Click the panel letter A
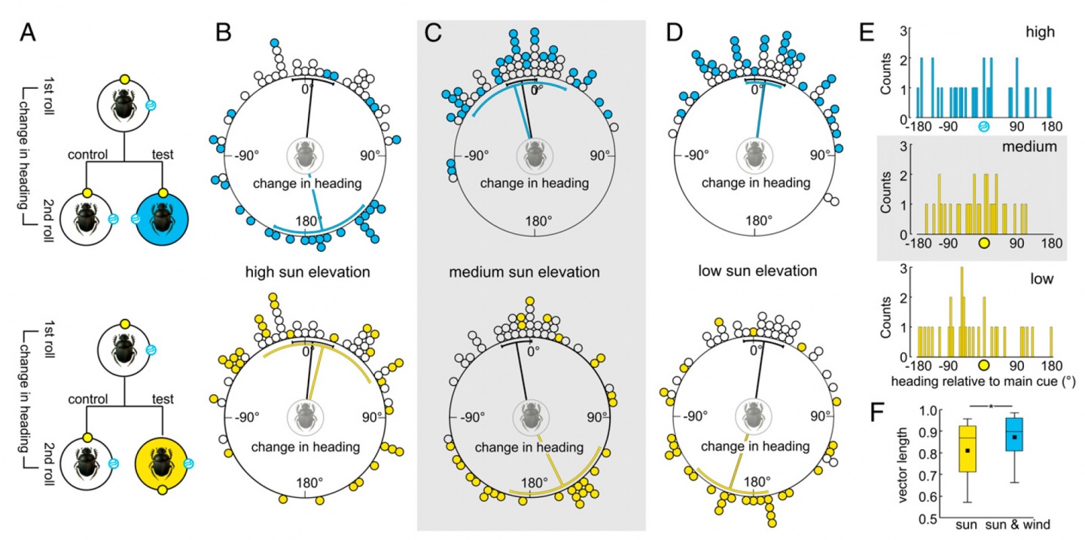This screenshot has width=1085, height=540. click(x=27, y=32)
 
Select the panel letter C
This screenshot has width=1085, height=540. click(x=433, y=32)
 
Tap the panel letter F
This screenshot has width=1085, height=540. click(x=877, y=412)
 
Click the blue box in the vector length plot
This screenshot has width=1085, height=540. click(x=1014, y=434)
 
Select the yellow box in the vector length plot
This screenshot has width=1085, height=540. click(x=967, y=448)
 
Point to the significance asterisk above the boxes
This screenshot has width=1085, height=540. click(x=991, y=407)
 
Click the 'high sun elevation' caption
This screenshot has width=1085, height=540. click(x=307, y=272)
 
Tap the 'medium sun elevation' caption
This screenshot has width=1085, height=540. click(x=524, y=272)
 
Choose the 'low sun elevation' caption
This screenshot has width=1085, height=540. click(x=757, y=271)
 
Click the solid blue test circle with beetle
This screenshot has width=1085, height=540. click(x=161, y=218)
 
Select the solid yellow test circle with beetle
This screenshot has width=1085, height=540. click(x=161, y=463)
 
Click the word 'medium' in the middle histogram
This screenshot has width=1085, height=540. click(x=1029, y=147)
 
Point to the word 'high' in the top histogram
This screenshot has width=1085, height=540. click(x=1040, y=32)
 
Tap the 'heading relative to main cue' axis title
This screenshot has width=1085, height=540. click(x=983, y=381)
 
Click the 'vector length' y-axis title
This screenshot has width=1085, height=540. click(x=902, y=465)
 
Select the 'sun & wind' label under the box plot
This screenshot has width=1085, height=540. click(x=1017, y=524)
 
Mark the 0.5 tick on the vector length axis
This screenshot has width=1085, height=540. click(x=928, y=519)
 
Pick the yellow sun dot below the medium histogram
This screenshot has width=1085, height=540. click(x=984, y=243)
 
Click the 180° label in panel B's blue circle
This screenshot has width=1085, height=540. click(x=307, y=221)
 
